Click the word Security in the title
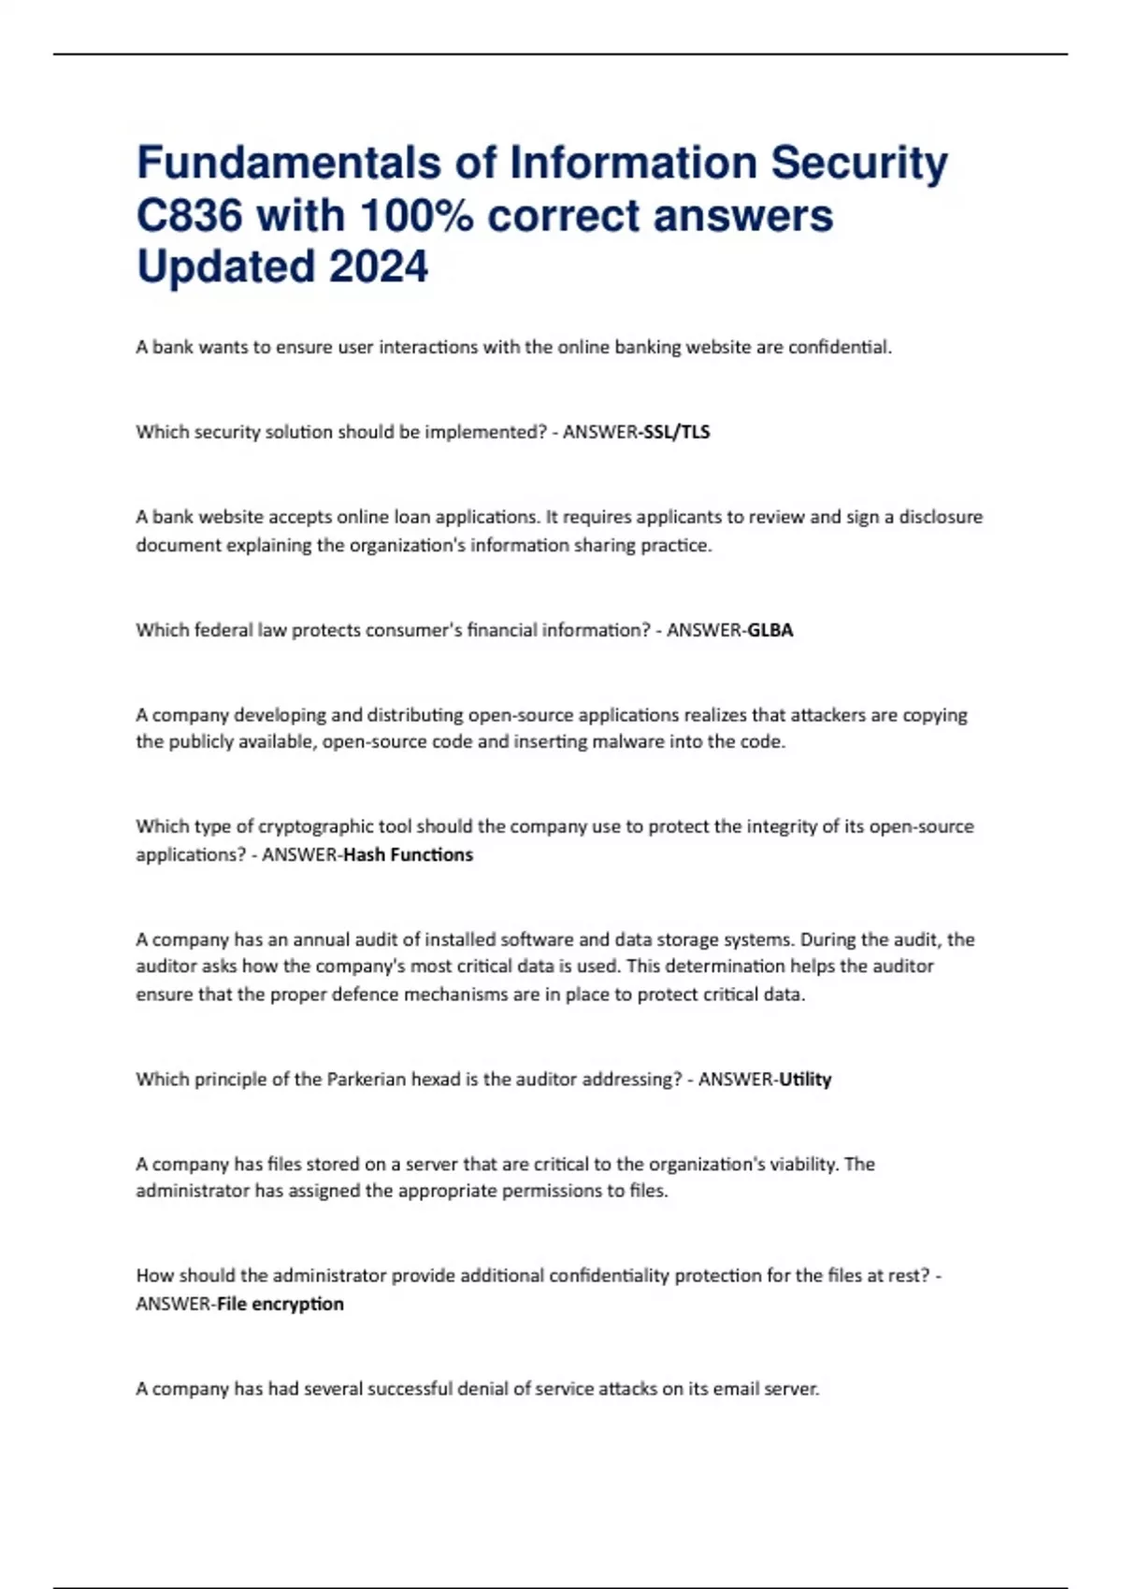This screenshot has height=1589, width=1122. coord(858,163)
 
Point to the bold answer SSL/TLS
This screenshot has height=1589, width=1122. coord(677,432)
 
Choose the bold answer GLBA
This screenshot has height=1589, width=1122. coord(770,630)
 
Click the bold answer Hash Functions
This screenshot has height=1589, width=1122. coord(409,854)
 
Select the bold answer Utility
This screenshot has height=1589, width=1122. coord(805,1079)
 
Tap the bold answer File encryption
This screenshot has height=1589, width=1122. coord(280,1303)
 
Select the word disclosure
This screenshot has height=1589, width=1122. coord(941,517)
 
